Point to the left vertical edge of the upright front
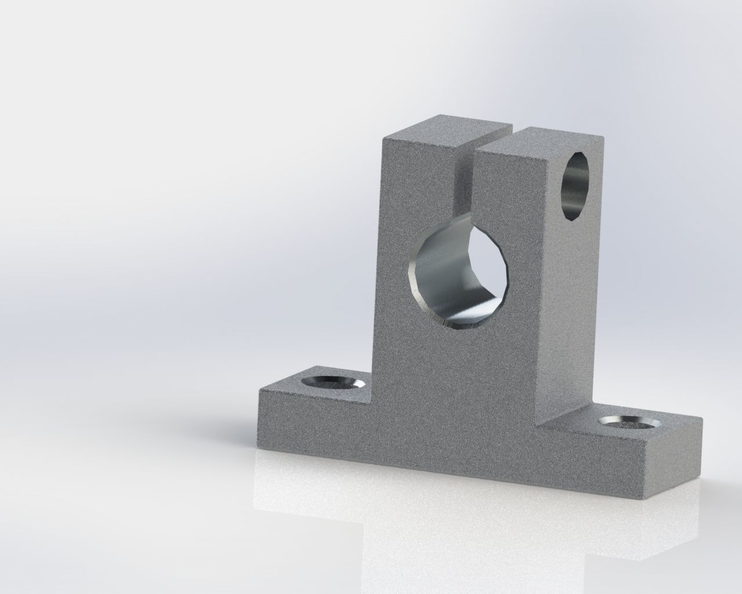(x=381, y=261)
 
